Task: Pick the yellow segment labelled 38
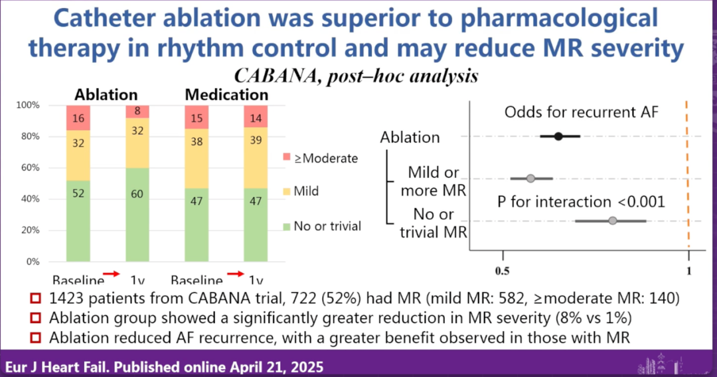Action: pos(197,159)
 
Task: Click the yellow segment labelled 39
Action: pos(256,159)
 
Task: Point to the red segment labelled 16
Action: pos(78,117)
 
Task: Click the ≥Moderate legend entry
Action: pos(323,158)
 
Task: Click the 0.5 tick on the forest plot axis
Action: pos(503,271)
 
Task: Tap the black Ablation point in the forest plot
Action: pos(558,136)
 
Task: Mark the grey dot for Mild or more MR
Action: pos(530,178)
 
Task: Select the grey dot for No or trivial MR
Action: pos(613,220)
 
